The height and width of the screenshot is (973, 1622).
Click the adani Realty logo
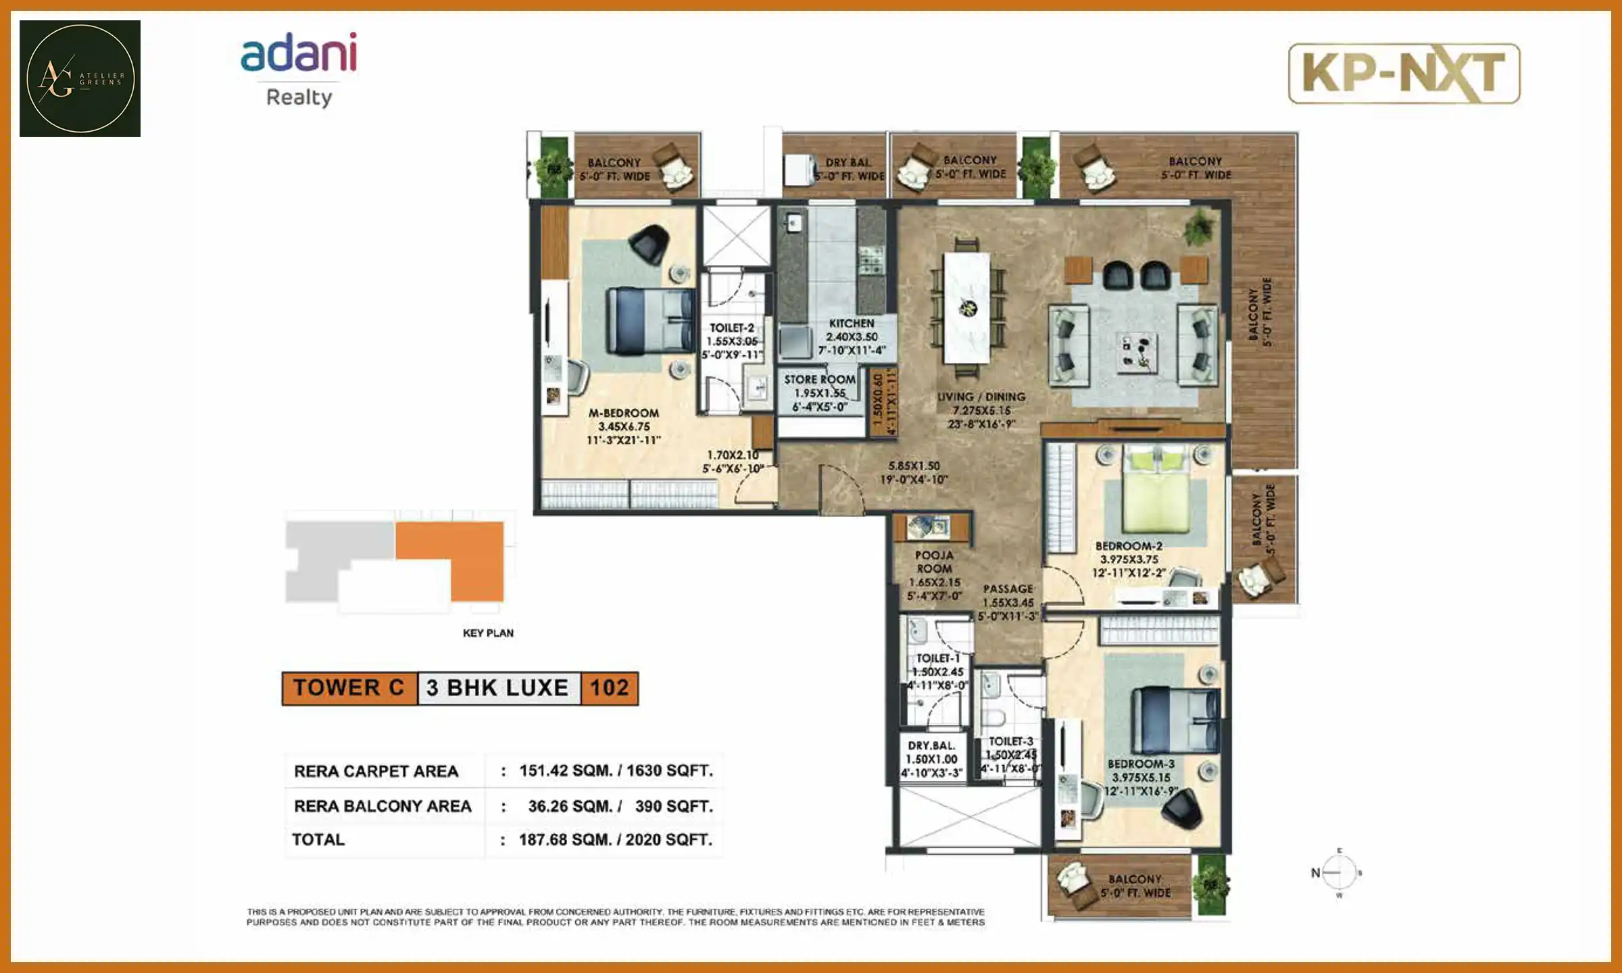pyautogui.click(x=299, y=69)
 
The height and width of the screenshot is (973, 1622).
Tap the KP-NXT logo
pyautogui.click(x=1404, y=74)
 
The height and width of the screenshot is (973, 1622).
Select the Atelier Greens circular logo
pyautogui.click(x=80, y=78)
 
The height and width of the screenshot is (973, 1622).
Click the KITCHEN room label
pyautogui.click(x=852, y=324)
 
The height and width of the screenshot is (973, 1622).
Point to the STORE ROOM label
pyautogui.click(x=820, y=380)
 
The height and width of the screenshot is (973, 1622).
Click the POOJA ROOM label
pyautogui.click(x=934, y=562)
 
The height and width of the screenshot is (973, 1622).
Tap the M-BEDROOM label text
pyautogui.click(x=623, y=414)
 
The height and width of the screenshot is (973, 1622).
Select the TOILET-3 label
pyautogui.click(x=1011, y=742)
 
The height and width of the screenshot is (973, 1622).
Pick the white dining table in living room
pyautogui.click(x=966, y=307)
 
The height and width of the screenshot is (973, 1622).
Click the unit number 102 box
pyautogui.click(x=609, y=689)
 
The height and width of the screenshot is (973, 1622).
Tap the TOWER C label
pyautogui.click(x=349, y=689)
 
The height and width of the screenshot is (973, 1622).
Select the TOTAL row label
pyautogui.click(x=318, y=840)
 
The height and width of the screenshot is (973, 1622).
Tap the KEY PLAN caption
pyautogui.click(x=488, y=633)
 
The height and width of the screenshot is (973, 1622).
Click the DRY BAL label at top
pyautogui.click(x=847, y=163)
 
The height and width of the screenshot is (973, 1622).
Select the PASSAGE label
pyautogui.click(x=1008, y=589)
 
